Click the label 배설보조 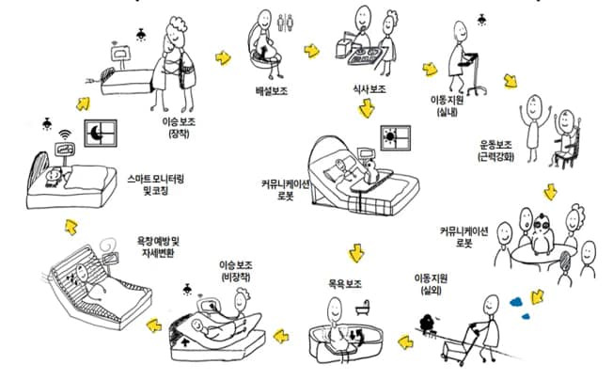pos(272,91)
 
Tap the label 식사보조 pos(370,89)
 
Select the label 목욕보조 pos(344,284)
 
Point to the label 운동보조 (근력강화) pos(496,150)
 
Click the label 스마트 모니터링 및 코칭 pos(155,185)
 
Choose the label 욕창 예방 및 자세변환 pos(158,246)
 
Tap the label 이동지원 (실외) pos(431,284)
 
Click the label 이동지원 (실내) pos(448,105)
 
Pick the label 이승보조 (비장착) pos(236,271)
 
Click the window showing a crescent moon pos(101,134)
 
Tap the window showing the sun pos(396,138)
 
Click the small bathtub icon pos(363,308)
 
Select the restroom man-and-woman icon pos(285,22)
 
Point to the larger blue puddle pos(517,302)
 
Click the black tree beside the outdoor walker pos(427,324)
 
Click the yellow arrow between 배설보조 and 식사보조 pos(311,51)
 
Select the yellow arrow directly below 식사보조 pos(367,108)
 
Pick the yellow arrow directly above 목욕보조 pos(356,253)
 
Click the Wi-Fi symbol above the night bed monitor pos(65,135)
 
